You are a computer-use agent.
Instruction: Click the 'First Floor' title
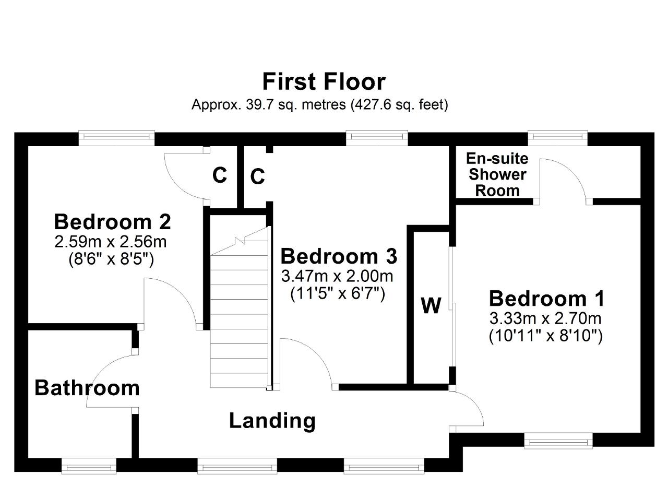point(324,82)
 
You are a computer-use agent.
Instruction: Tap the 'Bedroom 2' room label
point(112,222)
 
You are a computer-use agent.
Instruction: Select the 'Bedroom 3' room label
point(339,256)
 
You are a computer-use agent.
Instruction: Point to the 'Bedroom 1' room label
point(546,299)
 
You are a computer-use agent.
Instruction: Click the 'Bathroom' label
point(87,388)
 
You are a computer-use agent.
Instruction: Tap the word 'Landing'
point(272,421)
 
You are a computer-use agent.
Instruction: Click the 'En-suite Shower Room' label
point(497,174)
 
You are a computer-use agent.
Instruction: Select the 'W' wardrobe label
point(431,305)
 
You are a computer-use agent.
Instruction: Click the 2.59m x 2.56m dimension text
point(110,242)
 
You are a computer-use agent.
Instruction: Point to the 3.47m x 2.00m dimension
point(337,276)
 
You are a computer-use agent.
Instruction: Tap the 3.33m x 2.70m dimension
point(545,318)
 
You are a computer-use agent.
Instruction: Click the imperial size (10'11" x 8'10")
point(546,336)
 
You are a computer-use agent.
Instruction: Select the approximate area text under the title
point(320,105)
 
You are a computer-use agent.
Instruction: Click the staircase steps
point(240,307)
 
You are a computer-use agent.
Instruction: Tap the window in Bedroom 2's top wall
point(116,138)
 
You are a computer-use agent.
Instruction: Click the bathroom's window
point(89,466)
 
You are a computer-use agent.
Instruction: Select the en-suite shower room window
point(558,138)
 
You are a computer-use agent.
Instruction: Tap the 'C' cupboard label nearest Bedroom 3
point(258,176)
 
